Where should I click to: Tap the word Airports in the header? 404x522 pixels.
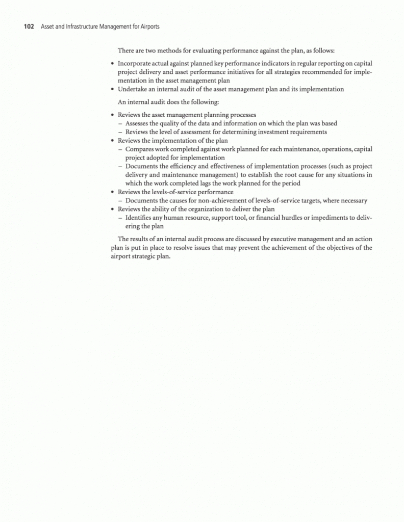coord(148,27)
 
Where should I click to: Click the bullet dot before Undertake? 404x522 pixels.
coord(112,89)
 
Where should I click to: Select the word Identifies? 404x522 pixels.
coord(140,218)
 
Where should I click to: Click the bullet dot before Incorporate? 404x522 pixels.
coord(112,64)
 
